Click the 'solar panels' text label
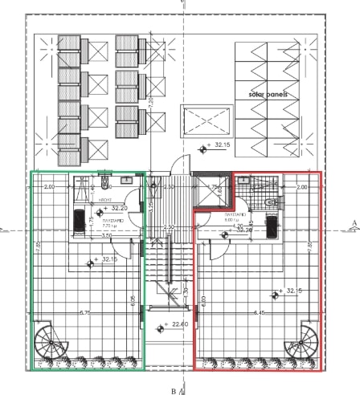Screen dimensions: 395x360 pos(273,94)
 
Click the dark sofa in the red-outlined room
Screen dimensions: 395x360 pos(272,226)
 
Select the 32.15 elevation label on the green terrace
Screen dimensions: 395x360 pos(108,259)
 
